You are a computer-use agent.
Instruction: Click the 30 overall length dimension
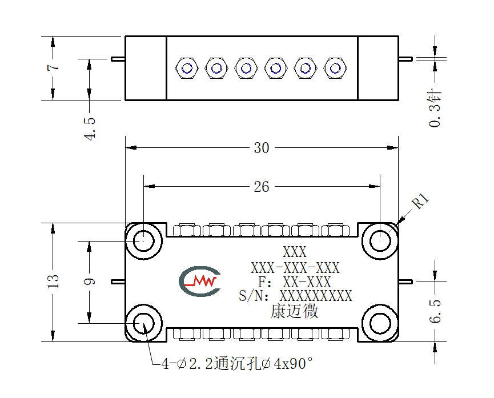262,148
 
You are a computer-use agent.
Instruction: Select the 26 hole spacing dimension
262,187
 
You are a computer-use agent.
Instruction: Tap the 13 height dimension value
53,282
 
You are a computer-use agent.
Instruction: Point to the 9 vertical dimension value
90,282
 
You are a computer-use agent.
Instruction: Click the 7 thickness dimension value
53,67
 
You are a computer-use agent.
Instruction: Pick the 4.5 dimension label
90,128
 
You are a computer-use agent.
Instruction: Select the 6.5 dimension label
435,311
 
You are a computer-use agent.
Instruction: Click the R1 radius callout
421,202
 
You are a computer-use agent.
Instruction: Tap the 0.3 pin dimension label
435,107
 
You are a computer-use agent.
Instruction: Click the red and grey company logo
200,282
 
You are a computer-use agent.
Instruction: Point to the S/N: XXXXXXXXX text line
295,296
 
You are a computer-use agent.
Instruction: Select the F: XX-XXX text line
295,282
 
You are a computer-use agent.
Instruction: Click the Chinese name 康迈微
295,311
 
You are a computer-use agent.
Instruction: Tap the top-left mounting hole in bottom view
144,241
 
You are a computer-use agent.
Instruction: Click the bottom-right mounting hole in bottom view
380,324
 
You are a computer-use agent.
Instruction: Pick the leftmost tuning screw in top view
187,68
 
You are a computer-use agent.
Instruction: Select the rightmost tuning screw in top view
335,68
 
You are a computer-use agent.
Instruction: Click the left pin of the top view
118,59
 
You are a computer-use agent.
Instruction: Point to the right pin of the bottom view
405,282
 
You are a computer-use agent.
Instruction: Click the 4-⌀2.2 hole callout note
237,364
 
